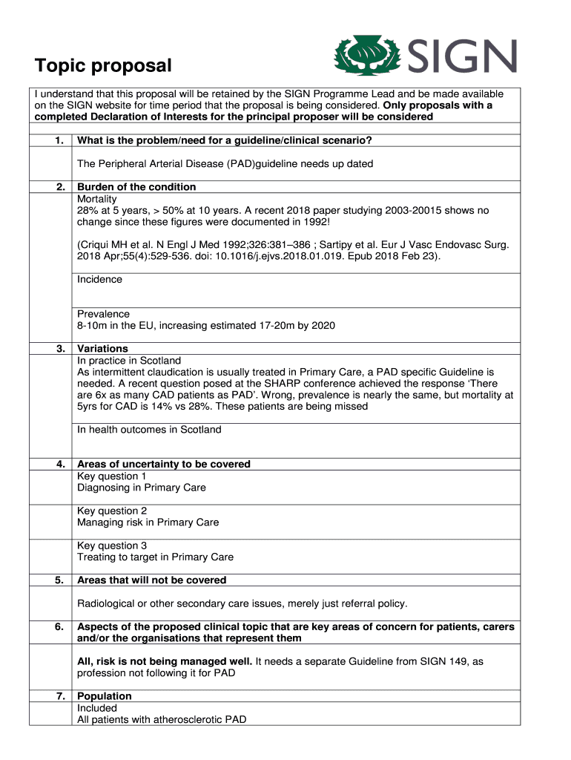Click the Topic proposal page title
[x=103, y=66]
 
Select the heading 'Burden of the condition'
[x=136, y=187]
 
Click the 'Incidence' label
[x=99, y=280]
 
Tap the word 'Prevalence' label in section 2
[x=103, y=314]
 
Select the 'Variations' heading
[x=102, y=349]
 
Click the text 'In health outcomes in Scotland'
[x=149, y=430]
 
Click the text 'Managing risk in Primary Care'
[x=148, y=522]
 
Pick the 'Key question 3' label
[x=112, y=546]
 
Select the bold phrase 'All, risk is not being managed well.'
[x=165, y=661]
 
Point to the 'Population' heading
[x=105, y=696]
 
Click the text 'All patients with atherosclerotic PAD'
[x=162, y=719]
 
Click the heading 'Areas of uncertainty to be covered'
[x=164, y=465]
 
